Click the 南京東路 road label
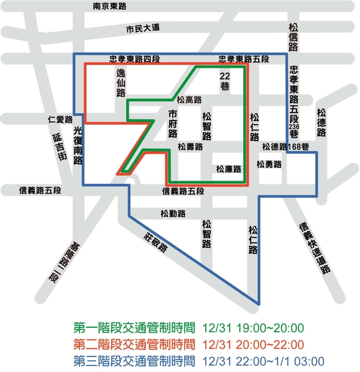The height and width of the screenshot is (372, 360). [109, 6]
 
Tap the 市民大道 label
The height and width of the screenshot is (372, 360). [143, 29]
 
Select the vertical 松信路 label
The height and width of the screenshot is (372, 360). [293, 37]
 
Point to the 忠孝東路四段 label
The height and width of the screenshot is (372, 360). [134, 59]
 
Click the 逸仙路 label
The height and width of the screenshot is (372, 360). [121, 83]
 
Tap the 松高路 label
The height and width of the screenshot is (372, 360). [189, 99]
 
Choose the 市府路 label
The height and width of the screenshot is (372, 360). [173, 125]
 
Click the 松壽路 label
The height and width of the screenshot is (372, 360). [190, 147]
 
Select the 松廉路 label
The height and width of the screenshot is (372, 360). [228, 168]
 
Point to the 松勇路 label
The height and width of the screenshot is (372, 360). [269, 165]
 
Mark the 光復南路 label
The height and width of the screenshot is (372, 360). [78, 146]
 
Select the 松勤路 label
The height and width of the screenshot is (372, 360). [172, 214]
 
